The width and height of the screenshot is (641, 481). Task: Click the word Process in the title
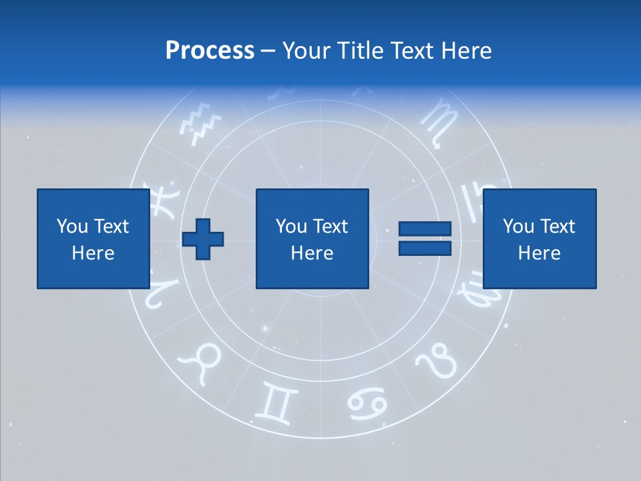[210, 51]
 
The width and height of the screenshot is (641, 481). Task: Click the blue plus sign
[203, 239]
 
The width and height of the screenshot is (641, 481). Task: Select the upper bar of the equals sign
[425, 229]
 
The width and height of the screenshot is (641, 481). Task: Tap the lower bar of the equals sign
[425, 248]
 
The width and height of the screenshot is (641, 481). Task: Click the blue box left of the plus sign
[93, 238]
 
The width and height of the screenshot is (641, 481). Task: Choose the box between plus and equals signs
[312, 238]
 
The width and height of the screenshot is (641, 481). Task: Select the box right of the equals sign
[540, 238]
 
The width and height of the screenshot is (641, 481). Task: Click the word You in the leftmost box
[71, 226]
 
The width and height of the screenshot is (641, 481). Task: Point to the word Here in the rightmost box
[539, 253]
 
